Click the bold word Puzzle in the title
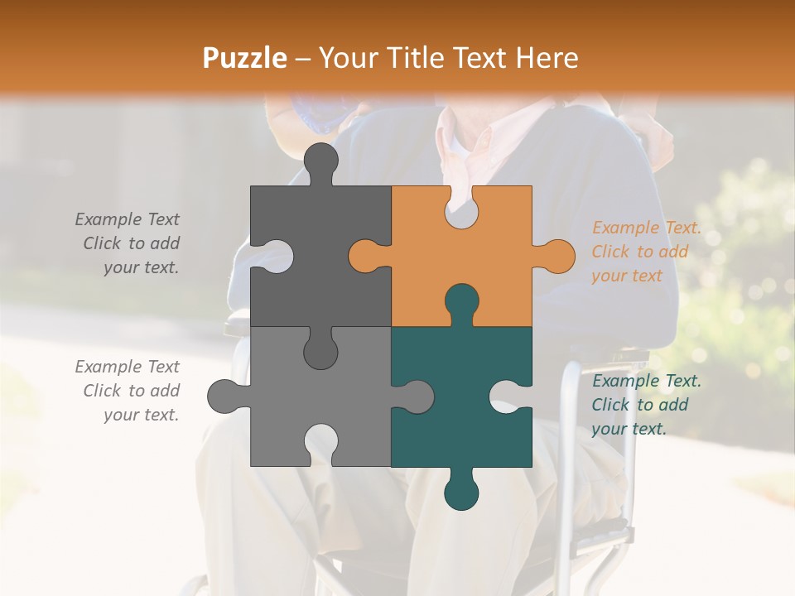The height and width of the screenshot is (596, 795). [x=245, y=58]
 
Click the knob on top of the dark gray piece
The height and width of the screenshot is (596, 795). [x=320, y=160]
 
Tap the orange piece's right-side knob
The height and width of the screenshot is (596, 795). [x=557, y=256]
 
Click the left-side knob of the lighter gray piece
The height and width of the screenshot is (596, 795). [x=224, y=397]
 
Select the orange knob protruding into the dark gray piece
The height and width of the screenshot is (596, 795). [x=365, y=256]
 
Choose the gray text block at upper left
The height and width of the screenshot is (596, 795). [x=128, y=243]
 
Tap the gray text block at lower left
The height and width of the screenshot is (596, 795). [x=128, y=391]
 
